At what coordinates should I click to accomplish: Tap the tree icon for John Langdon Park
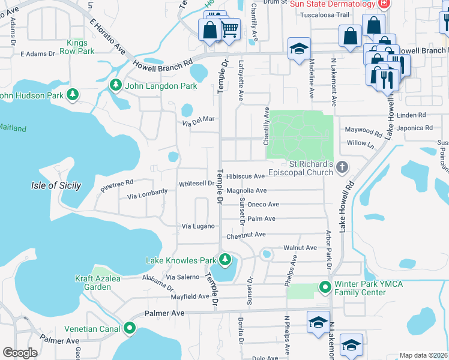click(x=116, y=86)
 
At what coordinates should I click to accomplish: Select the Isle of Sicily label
click(x=56, y=185)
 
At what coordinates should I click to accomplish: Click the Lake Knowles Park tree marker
click(x=224, y=260)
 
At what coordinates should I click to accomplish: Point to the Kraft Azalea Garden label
click(x=98, y=283)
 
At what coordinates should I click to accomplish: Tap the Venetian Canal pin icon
click(x=130, y=328)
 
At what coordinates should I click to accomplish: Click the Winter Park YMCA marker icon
click(x=325, y=287)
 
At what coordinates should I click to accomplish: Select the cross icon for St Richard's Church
click(x=342, y=167)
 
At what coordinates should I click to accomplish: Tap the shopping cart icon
click(x=230, y=28)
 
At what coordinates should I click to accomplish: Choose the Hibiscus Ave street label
click(x=246, y=176)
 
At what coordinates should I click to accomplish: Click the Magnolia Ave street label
click(x=246, y=191)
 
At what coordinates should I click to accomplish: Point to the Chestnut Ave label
click(x=246, y=235)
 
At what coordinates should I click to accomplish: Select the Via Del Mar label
click(x=199, y=119)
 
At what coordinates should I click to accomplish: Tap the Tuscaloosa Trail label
click(x=324, y=14)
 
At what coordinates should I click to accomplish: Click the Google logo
click(x=20, y=353)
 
